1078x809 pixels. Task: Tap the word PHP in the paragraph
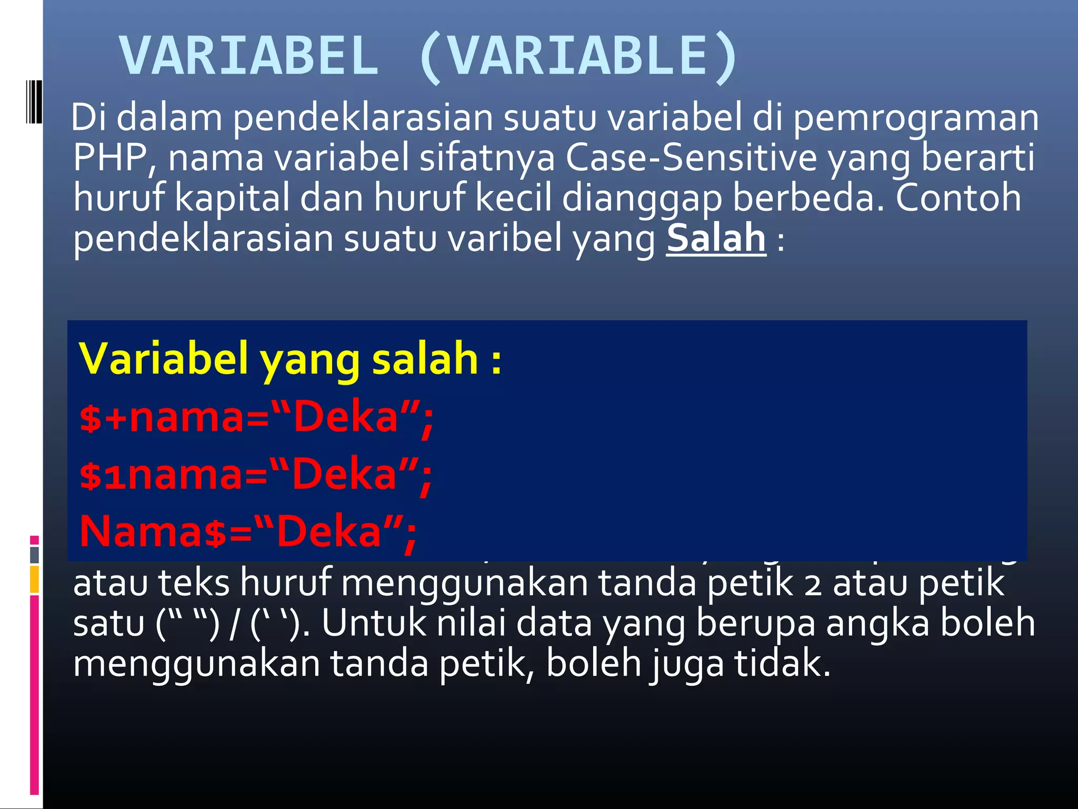pyautogui.click(x=109, y=157)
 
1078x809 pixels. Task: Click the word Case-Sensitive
pyautogui.click(x=691, y=157)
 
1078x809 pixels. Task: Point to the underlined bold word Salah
pyautogui.click(x=716, y=238)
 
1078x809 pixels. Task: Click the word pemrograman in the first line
pyautogui.click(x=915, y=117)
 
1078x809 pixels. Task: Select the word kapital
pyautogui.click(x=232, y=198)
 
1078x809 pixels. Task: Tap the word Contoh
pyautogui.click(x=958, y=198)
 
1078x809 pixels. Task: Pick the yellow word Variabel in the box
pyautogui.click(x=163, y=359)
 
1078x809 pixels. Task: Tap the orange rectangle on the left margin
pyautogui.click(x=34, y=579)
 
